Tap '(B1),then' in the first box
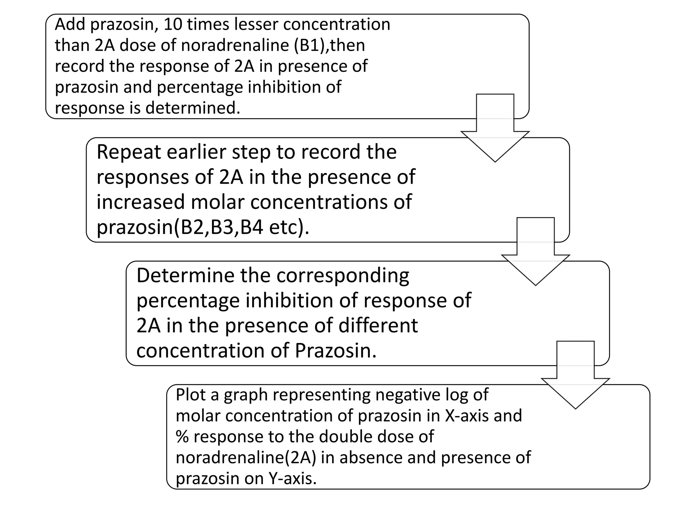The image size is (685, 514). (x=329, y=45)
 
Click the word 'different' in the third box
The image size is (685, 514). (x=378, y=326)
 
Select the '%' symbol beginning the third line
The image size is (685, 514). (x=182, y=437)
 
